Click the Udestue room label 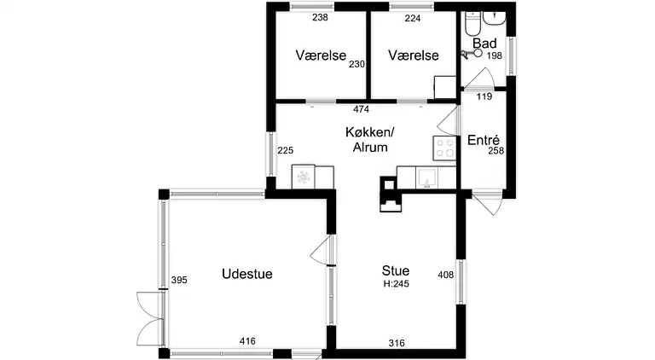coord(246,274)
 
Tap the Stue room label coord(395,270)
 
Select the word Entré coord(484,140)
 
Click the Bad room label coord(484,44)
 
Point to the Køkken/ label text coord(370,132)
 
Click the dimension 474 coord(362,109)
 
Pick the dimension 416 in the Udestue coord(247,341)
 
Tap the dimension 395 coord(179,280)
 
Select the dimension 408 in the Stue coord(446,275)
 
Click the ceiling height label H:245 coord(397,284)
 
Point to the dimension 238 coord(321,18)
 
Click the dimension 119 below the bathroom coord(484,96)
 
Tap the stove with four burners coord(444,148)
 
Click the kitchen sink coord(426,177)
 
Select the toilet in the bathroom coord(473,23)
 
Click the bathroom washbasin coord(495,19)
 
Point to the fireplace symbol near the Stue coord(391,194)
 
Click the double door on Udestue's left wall coord(150,319)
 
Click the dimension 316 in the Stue coord(397,343)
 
